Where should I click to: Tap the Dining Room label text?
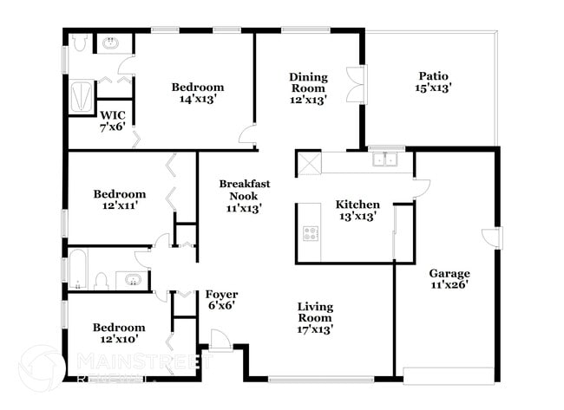click(x=308, y=88)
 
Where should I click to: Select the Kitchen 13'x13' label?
click(x=357, y=211)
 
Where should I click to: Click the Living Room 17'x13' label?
click(x=316, y=317)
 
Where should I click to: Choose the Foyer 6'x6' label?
click(x=221, y=300)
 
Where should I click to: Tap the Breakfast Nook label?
click(x=244, y=195)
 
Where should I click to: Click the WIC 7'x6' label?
click(x=113, y=120)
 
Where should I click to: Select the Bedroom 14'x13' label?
click(x=197, y=93)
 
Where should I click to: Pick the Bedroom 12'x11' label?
click(x=120, y=199)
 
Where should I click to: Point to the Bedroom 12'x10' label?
click(x=119, y=333)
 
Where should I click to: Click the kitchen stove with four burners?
click(x=310, y=232)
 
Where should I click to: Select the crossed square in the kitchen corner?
click(x=308, y=163)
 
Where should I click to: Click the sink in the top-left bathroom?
click(x=111, y=42)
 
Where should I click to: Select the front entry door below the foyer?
click(x=220, y=342)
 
